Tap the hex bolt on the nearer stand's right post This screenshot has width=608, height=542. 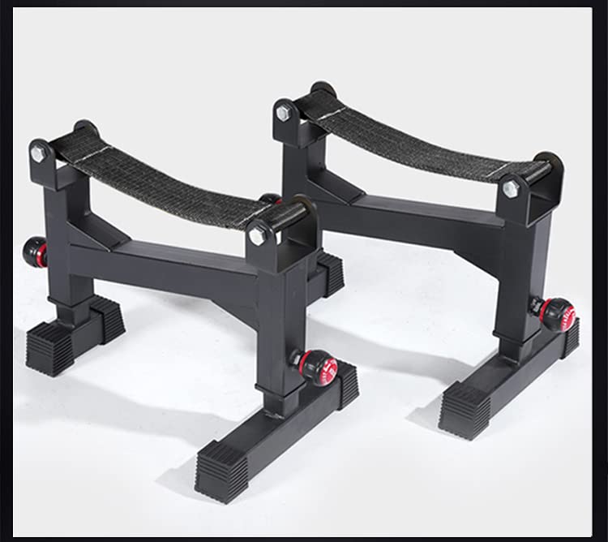pyautogui.click(x=258, y=236)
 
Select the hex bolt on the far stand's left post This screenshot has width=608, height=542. pyautogui.click(x=283, y=113)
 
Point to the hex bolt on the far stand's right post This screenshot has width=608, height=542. pyautogui.click(x=511, y=189)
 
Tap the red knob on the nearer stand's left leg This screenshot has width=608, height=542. pyautogui.click(x=35, y=252)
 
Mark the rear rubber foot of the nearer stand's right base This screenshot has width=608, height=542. pyautogui.click(x=347, y=384)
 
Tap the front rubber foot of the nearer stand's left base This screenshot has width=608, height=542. pyautogui.click(x=50, y=349)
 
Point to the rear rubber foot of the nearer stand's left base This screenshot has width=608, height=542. pyautogui.click(x=108, y=317)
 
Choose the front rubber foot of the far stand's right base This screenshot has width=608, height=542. pyautogui.click(x=465, y=410)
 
